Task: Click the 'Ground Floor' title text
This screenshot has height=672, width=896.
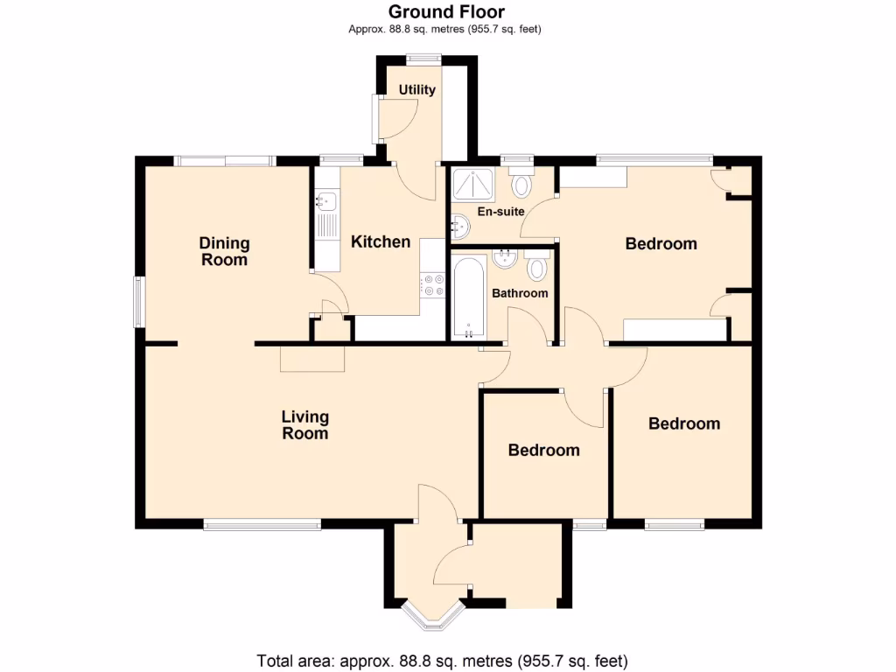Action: click(445, 11)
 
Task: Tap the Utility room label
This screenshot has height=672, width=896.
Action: click(417, 90)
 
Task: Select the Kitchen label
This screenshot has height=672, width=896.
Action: click(381, 242)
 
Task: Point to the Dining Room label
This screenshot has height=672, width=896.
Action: click(224, 251)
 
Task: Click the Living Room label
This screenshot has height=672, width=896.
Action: click(304, 424)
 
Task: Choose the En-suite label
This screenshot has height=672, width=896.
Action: click(501, 212)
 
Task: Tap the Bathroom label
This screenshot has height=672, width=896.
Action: click(520, 293)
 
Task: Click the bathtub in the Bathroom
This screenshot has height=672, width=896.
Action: click(470, 297)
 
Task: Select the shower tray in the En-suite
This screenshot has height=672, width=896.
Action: click(472, 185)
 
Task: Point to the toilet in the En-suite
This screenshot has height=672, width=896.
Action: click(522, 185)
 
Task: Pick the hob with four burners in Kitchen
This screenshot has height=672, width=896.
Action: click(432, 284)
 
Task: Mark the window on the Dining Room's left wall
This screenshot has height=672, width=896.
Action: click(138, 302)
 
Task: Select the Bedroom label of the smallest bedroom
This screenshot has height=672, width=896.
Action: click(543, 451)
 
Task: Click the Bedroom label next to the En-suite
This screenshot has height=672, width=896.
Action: click(661, 244)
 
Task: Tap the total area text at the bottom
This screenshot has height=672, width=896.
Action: click(442, 660)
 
